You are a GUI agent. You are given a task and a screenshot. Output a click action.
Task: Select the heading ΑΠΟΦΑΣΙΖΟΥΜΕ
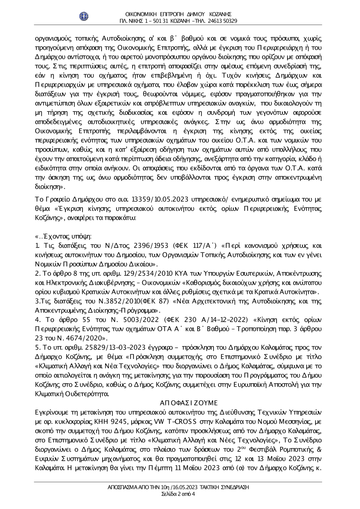coord(188,402)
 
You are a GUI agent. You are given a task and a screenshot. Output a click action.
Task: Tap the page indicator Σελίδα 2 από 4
coord(178,494)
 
